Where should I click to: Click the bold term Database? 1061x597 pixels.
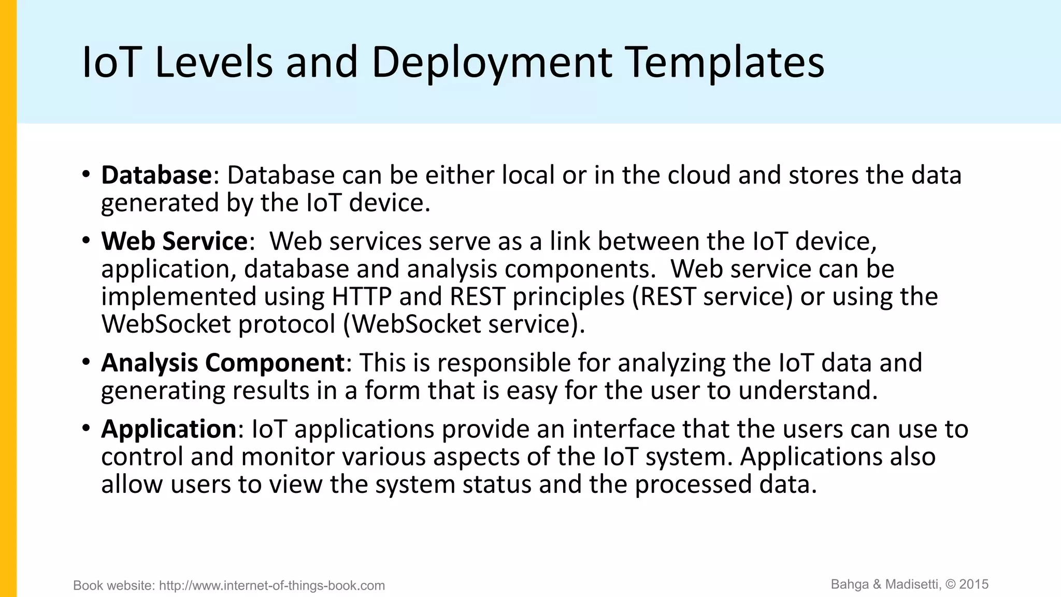coord(156,175)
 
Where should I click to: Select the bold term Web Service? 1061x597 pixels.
coord(175,241)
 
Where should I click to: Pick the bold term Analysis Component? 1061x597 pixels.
coord(223,362)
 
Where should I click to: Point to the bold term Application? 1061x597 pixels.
coord(169,429)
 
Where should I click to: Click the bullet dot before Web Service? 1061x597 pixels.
coord(86,240)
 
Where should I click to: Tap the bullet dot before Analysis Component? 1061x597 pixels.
coord(86,361)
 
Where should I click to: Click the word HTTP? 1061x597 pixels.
coord(362,296)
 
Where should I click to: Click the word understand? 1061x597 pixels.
coord(808,390)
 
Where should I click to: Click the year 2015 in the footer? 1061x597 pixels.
coord(974,585)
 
